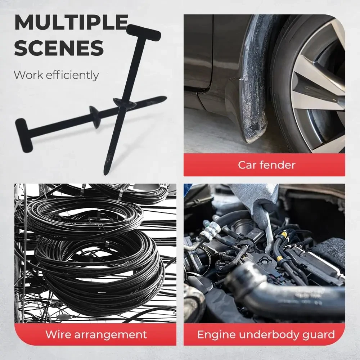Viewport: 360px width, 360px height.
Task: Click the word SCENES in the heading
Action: (x=59, y=48)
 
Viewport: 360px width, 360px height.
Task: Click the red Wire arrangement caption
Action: (x=96, y=334)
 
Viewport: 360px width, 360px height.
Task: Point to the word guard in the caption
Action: (x=318, y=334)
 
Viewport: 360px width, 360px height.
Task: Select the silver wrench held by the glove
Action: (x=269, y=234)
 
